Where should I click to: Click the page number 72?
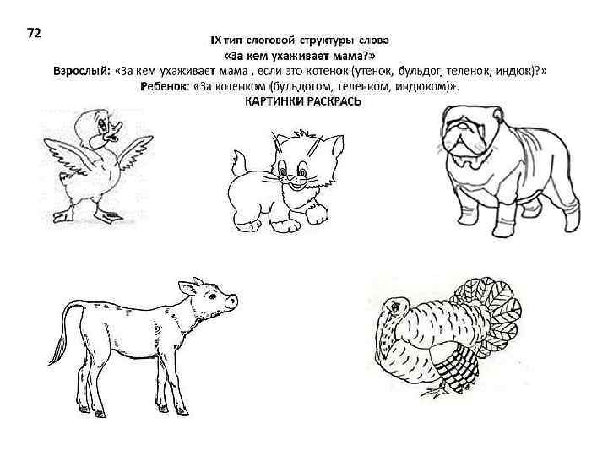click(x=34, y=33)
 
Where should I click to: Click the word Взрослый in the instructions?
click(x=82, y=71)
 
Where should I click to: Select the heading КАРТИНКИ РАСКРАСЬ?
click(x=303, y=101)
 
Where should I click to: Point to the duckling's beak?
click(x=114, y=132)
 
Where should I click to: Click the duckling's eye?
click(x=102, y=124)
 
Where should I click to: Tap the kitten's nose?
click(x=290, y=179)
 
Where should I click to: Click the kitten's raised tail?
click(x=239, y=163)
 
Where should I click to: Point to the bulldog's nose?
click(x=459, y=125)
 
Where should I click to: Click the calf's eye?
click(x=213, y=296)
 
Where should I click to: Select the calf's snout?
click(x=232, y=301)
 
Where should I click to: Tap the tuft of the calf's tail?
click(x=57, y=350)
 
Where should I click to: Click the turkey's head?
click(x=394, y=307)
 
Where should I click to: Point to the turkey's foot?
click(x=434, y=393)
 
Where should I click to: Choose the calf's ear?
click(x=187, y=289)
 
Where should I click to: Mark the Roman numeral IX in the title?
click(x=215, y=41)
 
